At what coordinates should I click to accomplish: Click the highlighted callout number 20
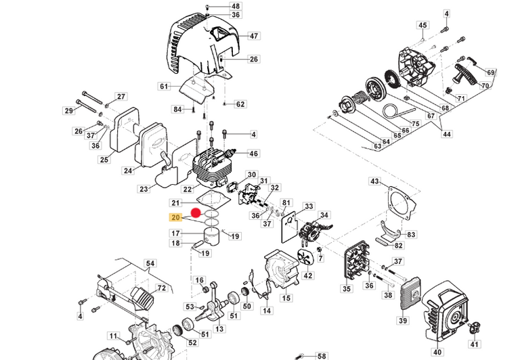(x=176, y=218)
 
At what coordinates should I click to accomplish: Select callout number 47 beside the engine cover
(x=235, y=36)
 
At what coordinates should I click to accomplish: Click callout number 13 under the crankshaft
(x=219, y=329)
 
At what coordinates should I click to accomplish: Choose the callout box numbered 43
(x=375, y=181)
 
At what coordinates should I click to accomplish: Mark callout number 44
(x=447, y=135)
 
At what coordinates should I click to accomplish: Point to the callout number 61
(x=163, y=86)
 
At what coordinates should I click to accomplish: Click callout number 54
(x=150, y=263)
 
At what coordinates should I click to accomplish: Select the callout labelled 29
(x=68, y=111)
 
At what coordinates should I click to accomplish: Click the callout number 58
(x=321, y=355)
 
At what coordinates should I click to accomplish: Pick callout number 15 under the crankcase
(x=286, y=298)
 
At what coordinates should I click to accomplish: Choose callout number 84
(x=177, y=109)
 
